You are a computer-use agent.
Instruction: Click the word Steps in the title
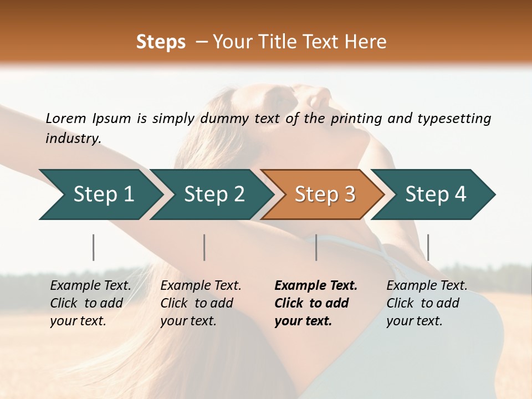(x=161, y=42)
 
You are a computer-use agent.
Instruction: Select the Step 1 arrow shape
(x=100, y=195)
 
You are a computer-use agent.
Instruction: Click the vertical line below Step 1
(x=94, y=247)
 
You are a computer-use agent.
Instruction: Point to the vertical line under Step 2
(x=204, y=247)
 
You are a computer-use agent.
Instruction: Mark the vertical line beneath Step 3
(x=316, y=247)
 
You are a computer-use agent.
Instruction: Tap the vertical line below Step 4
(x=428, y=247)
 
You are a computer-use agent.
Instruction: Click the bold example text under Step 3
(x=315, y=303)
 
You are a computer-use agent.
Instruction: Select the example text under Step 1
(x=90, y=303)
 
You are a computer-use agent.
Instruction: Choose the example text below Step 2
(x=200, y=303)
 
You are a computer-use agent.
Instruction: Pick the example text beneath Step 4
(x=426, y=303)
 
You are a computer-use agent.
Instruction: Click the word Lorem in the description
(x=66, y=119)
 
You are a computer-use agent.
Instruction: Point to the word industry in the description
(x=73, y=139)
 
